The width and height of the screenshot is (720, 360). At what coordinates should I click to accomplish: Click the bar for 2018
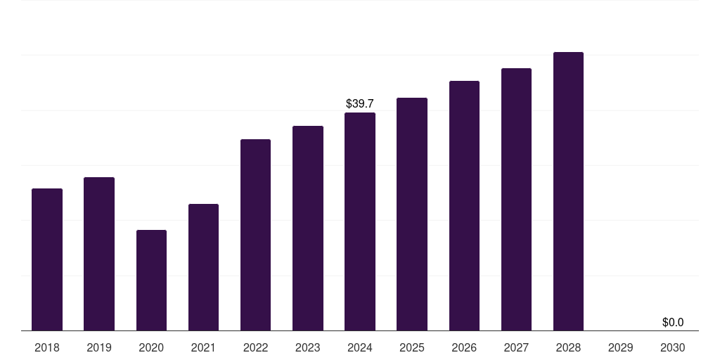tap(47, 259)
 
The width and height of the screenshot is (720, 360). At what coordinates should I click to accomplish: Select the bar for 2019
tap(99, 254)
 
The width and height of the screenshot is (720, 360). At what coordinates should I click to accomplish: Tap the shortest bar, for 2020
tap(152, 280)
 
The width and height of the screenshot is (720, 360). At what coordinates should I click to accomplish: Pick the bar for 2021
tap(203, 267)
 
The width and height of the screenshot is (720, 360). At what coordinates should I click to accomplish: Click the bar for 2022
tap(255, 235)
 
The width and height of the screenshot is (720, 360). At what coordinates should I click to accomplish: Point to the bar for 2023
tap(308, 229)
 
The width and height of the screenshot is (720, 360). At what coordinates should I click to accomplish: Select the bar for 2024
tap(360, 221)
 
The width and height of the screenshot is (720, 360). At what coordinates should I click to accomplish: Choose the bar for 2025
tap(412, 214)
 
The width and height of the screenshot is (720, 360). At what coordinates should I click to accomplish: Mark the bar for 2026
tap(464, 206)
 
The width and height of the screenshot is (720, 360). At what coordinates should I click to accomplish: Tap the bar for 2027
tap(516, 199)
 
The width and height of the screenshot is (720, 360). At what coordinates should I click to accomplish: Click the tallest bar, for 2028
tap(568, 191)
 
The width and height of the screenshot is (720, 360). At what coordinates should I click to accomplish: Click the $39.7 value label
tap(360, 104)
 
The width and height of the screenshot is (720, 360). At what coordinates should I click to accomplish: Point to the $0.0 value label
tap(673, 322)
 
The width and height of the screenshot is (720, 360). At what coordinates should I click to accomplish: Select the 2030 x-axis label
tap(673, 347)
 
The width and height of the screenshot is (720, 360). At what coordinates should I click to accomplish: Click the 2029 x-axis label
tap(620, 347)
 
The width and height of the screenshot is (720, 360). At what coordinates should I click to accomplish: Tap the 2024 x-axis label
tap(360, 347)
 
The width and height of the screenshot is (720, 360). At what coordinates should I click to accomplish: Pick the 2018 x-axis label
tap(47, 347)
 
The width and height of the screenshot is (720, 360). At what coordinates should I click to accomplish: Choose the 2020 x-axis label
tap(152, 347)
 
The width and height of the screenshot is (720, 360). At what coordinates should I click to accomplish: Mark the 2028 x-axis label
tap(568, 347)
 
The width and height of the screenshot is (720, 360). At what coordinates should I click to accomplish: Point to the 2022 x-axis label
tap(255, 347)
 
